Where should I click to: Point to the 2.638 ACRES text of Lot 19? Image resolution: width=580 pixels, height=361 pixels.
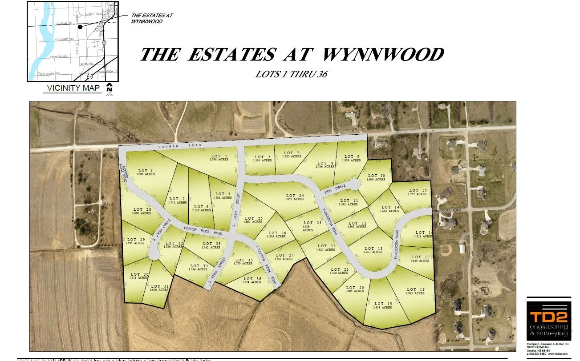coord(382,307)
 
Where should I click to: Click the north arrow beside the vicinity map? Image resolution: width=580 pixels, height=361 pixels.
coord(110,88)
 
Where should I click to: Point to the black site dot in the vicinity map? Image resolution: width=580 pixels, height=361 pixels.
coord(80,27)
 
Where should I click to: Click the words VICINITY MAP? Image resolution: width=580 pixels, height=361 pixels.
coord(74,88)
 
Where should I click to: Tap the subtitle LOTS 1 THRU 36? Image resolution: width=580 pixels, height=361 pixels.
coord(291,74)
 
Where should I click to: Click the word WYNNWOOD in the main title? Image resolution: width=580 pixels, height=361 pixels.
coord(382,55)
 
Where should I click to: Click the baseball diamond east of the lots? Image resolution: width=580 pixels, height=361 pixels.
coord(446,250)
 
